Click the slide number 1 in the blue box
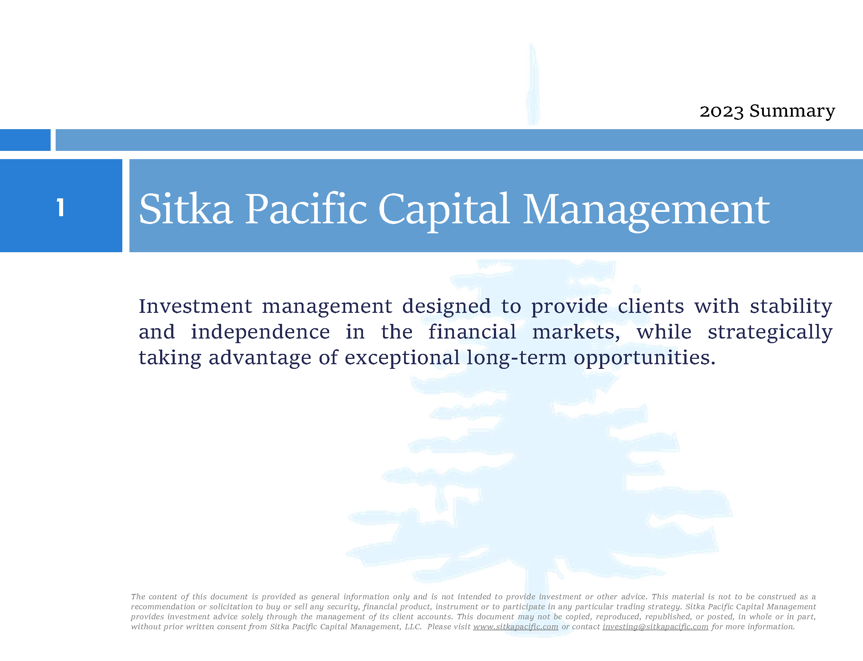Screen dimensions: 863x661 coord(60,207)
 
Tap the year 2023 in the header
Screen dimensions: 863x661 coord(722,112)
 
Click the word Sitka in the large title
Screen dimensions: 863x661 coord(186,209)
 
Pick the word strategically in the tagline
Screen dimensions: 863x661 coord(770,333)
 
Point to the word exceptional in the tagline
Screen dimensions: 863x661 coord(402,359)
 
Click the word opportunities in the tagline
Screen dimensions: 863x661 coord(644,359)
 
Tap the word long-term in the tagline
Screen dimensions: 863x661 coord(516,358)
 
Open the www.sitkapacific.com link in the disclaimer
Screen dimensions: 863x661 coord(516,627)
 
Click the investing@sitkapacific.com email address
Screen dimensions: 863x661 coord(655,627)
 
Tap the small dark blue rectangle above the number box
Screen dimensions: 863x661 coord(25,140)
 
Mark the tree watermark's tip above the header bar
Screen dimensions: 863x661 coord(531,43)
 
